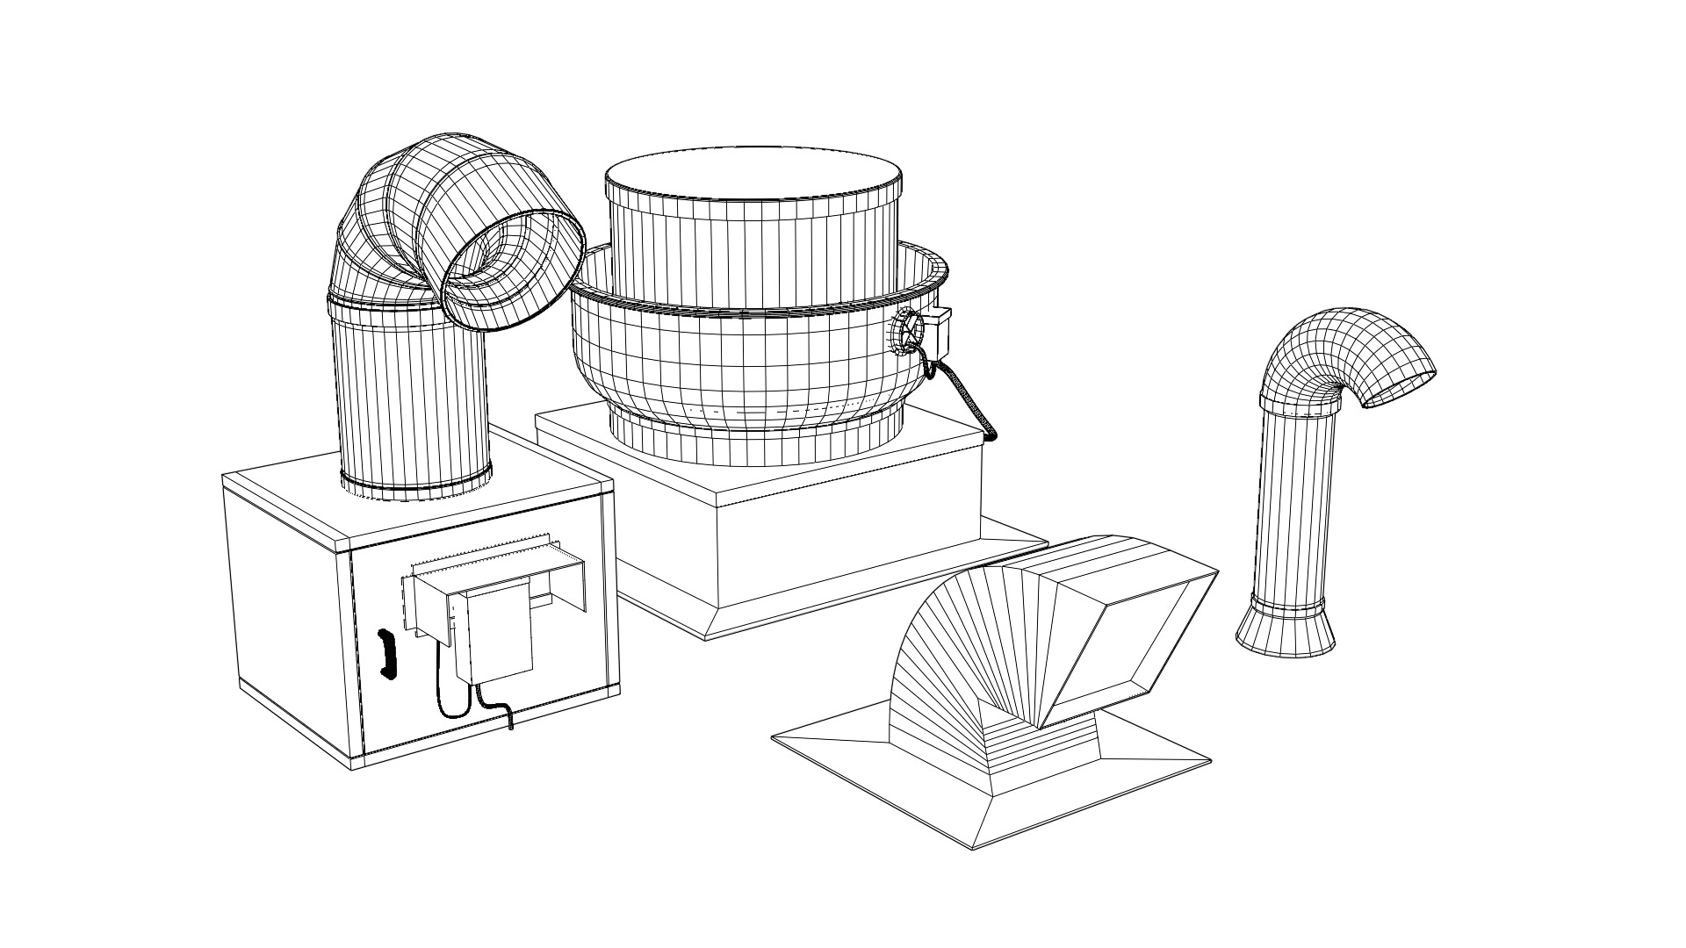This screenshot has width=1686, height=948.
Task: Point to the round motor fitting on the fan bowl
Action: (907, 333)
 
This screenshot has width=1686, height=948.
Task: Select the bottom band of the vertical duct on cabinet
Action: (414, 485)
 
